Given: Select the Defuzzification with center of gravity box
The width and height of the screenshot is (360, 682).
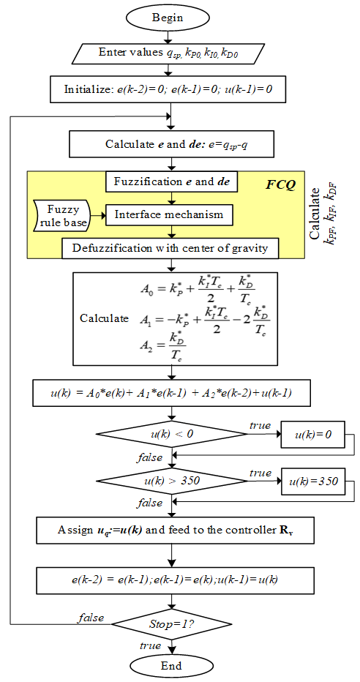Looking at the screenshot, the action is (170, 249).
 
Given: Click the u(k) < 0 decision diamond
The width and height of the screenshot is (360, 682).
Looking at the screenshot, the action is (173, 435).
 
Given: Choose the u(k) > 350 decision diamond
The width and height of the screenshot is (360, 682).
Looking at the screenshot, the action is (173, 482).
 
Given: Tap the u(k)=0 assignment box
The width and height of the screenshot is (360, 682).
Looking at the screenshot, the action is (313, 435).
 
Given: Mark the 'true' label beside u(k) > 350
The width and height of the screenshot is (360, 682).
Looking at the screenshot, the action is (260, 473).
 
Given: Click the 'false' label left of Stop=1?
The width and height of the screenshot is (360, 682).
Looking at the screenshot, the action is (91, 617).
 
